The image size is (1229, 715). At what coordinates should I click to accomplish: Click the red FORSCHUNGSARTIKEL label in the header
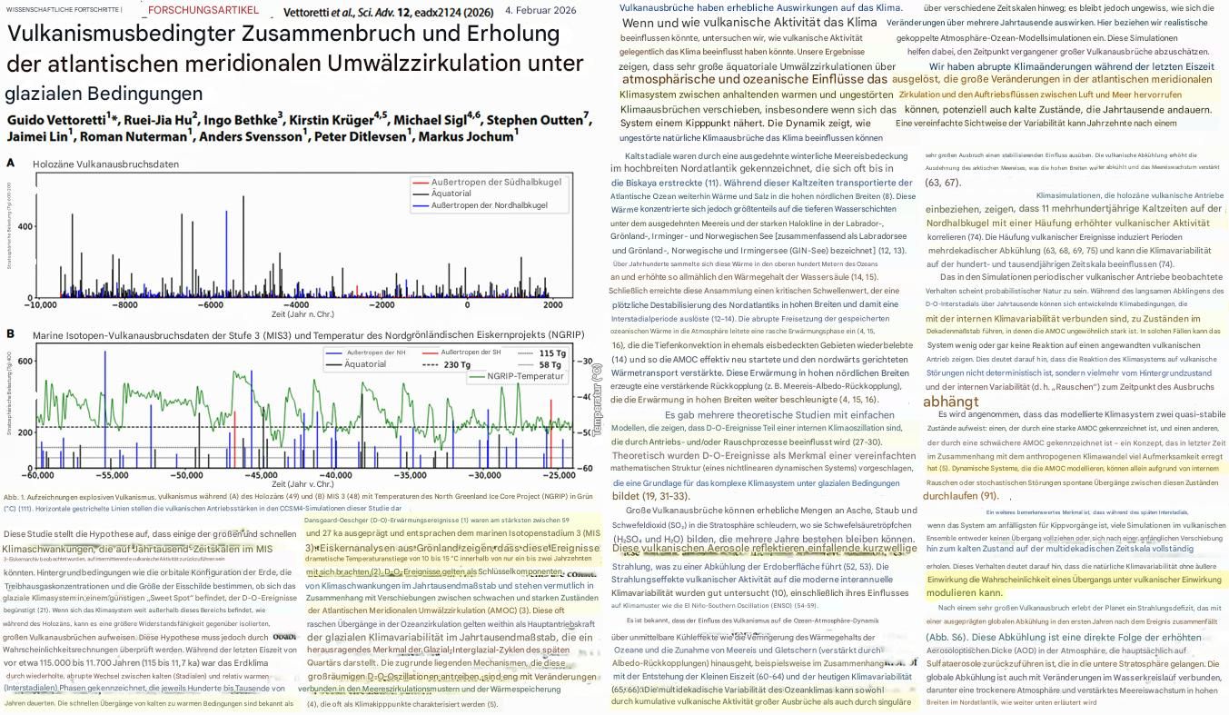(203, 11)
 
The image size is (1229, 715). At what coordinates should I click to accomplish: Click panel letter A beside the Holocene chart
(10, 163)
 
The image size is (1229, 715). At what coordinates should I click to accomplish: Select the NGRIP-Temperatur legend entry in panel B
(524, 376)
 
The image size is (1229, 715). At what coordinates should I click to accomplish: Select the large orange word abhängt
(950, 402)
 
